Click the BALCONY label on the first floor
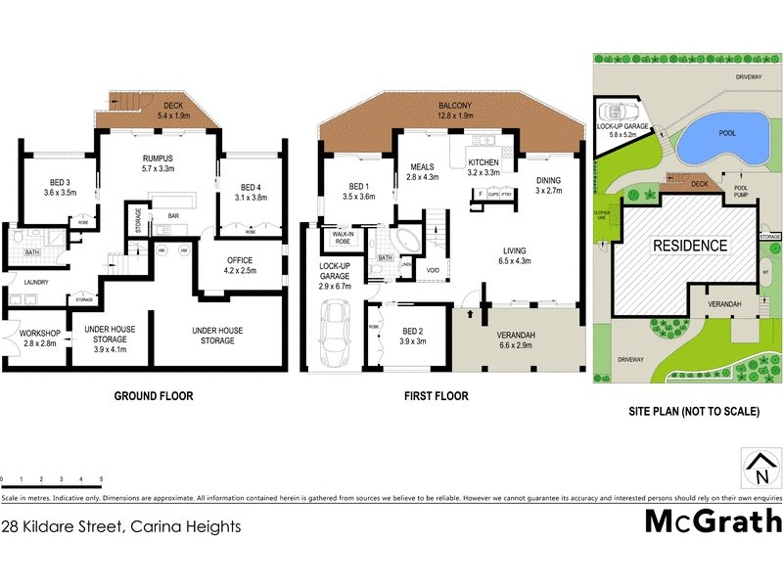click(x=454, y=110)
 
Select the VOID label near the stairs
click(x=433, y=270)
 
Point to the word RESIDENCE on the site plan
click(x=691, y=246)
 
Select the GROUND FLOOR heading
click(x=154, y=397)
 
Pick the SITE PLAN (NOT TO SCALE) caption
click(x=693, y=413)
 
